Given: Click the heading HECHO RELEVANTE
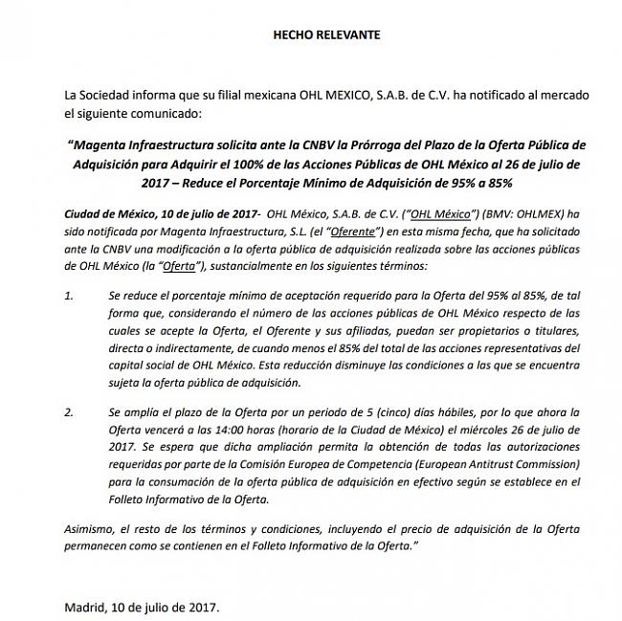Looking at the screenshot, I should click(x=326, y=34).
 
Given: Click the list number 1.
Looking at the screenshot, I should click(x=68, y=298).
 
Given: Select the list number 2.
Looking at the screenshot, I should click(x=68, y=412).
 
